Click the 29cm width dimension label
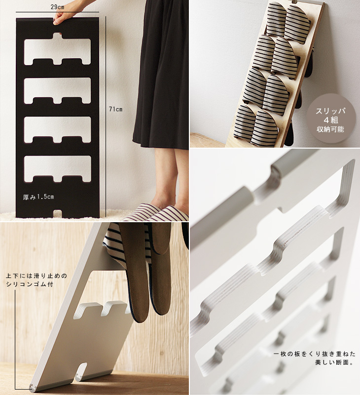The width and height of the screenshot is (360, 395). tap(57, 7)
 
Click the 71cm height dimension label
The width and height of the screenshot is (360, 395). tap(116, 109)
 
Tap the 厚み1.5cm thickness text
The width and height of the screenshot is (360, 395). tap(38, 197)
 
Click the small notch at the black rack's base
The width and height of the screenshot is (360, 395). tap(58, 214)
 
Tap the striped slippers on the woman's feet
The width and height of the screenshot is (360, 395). tap(161, 213)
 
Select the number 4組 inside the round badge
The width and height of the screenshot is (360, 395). tap(330, 120)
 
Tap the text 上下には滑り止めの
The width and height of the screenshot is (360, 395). tap(36, 276)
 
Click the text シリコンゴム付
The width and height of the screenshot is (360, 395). tap(30, 284)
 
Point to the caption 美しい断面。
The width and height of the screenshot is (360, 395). tap(334, 362)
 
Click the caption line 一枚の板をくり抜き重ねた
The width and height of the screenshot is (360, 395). tap(315, 354)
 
